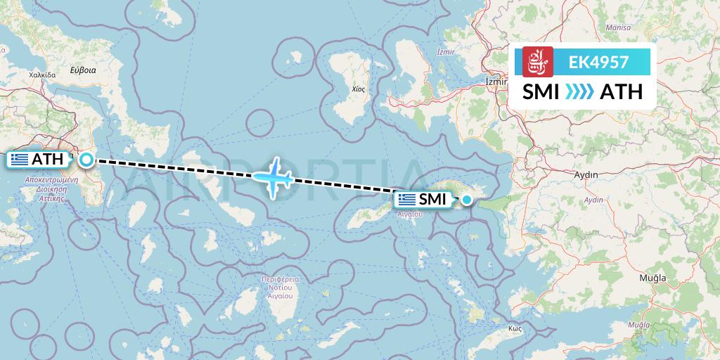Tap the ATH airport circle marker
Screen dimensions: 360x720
click(86, 160)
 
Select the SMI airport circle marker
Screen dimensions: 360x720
click(466, 200)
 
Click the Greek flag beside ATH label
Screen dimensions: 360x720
click(20, 160)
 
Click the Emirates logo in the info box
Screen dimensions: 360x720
click(538, 62)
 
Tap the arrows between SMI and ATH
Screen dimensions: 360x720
click(579, 91)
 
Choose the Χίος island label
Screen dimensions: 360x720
click(360, 90)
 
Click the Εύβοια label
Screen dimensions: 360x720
click(82, 70)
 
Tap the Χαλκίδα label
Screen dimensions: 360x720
click(42, 73)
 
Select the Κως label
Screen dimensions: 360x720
click(517, 328)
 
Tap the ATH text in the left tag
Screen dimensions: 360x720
click(48, 160)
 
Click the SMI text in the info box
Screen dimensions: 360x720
click(541, 91)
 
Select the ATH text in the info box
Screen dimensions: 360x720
click(621, 91)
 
